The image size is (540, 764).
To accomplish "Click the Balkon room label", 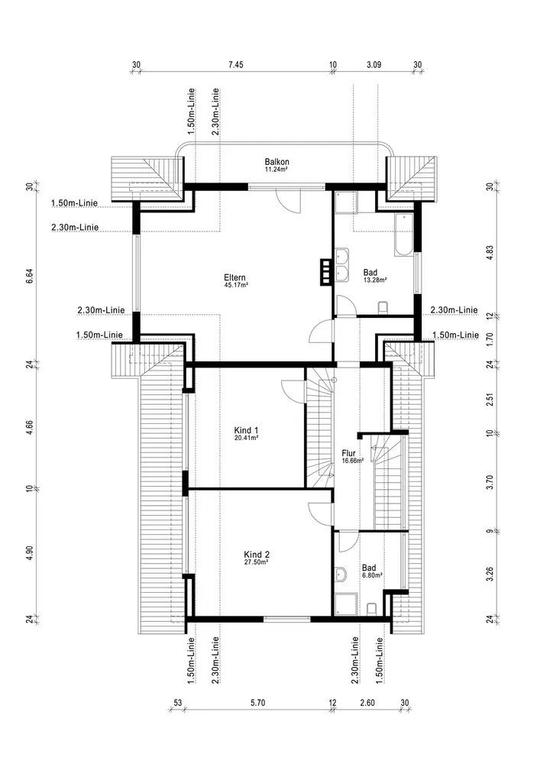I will tap(276, 162).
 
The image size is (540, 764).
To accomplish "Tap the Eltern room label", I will tap(234, 277).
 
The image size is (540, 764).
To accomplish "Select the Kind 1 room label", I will tap(246, 430).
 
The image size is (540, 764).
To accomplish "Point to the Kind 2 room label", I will tap(257, 554).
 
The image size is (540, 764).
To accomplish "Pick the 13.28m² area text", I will tap(375, 280).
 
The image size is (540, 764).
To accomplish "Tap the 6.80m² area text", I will tap(373, 576).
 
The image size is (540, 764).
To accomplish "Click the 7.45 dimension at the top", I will tap(234, 66).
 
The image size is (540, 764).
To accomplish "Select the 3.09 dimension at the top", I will tap(373, 66).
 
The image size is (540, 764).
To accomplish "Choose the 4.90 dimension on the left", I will tap(30, 554).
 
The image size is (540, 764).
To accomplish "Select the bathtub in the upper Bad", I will tap(403, 235).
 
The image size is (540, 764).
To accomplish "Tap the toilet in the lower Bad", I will tap(372, 608).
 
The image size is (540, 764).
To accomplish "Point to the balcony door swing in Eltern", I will tap(287, 200).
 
